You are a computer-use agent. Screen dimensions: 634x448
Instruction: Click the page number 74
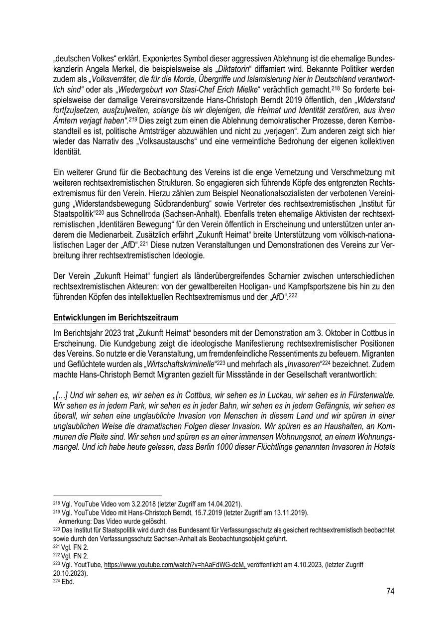tap(390, 591)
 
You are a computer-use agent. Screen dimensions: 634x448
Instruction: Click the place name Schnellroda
tap(158, 225)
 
